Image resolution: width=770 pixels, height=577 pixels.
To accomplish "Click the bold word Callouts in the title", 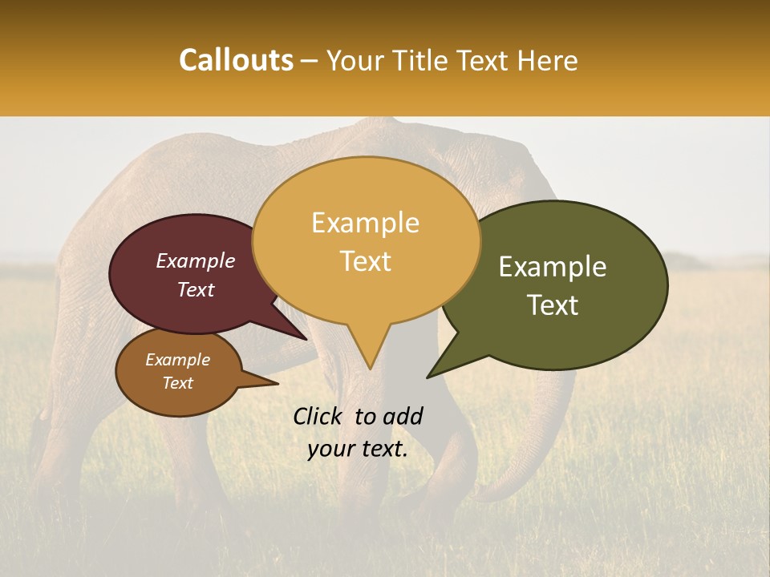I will tap(236, 60).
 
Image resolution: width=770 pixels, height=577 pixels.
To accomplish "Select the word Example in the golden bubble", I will tap(365, 223).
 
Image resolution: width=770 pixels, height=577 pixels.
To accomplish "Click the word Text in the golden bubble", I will tap(365, 261).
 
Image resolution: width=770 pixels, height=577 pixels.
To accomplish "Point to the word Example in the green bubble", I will tap(553, 267).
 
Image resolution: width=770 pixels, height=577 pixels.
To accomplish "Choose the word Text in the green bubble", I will tap(553, 305).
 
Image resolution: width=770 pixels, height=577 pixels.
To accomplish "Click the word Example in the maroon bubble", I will tap(195, 260).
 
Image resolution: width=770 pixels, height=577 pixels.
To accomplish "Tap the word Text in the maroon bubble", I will tap(195, 289).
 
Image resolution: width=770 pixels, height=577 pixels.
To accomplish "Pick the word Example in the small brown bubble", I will tap(177, 360).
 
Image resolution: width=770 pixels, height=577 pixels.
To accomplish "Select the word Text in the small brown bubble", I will tap(177, 383).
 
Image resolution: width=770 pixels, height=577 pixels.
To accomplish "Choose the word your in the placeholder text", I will tap(330, 449).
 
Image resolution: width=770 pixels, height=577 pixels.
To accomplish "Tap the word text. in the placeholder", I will tap(383, 449).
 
